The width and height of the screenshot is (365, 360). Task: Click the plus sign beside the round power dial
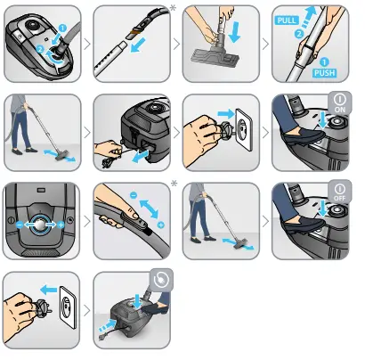point(62,227)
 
